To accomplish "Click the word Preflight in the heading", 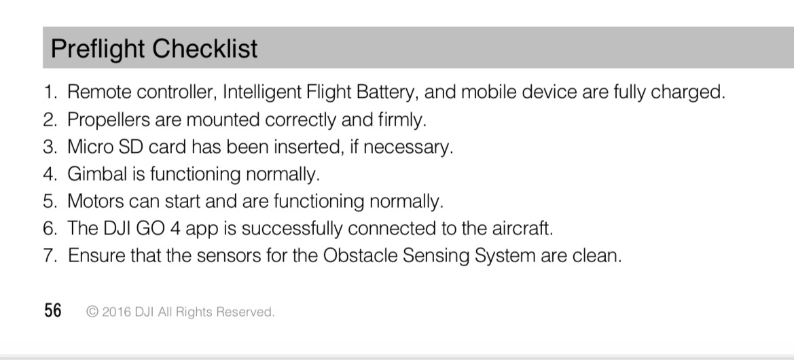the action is coord(98,49).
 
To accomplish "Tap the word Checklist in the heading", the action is coord(204,48).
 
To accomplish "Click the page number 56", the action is coord(53,310).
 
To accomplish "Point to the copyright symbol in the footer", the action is coord(92,311).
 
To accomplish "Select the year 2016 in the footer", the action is coord(116,312).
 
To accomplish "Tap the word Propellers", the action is coord(109,120).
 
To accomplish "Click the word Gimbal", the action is coord(97,174).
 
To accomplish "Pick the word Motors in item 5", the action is coord(96,201).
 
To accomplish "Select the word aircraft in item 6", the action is coord(522,228).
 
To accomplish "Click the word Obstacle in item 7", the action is coord(360,255).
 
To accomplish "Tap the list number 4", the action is coord(50,174).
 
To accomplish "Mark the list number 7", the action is coord(50,255).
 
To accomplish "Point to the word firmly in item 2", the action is coord(402,120).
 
